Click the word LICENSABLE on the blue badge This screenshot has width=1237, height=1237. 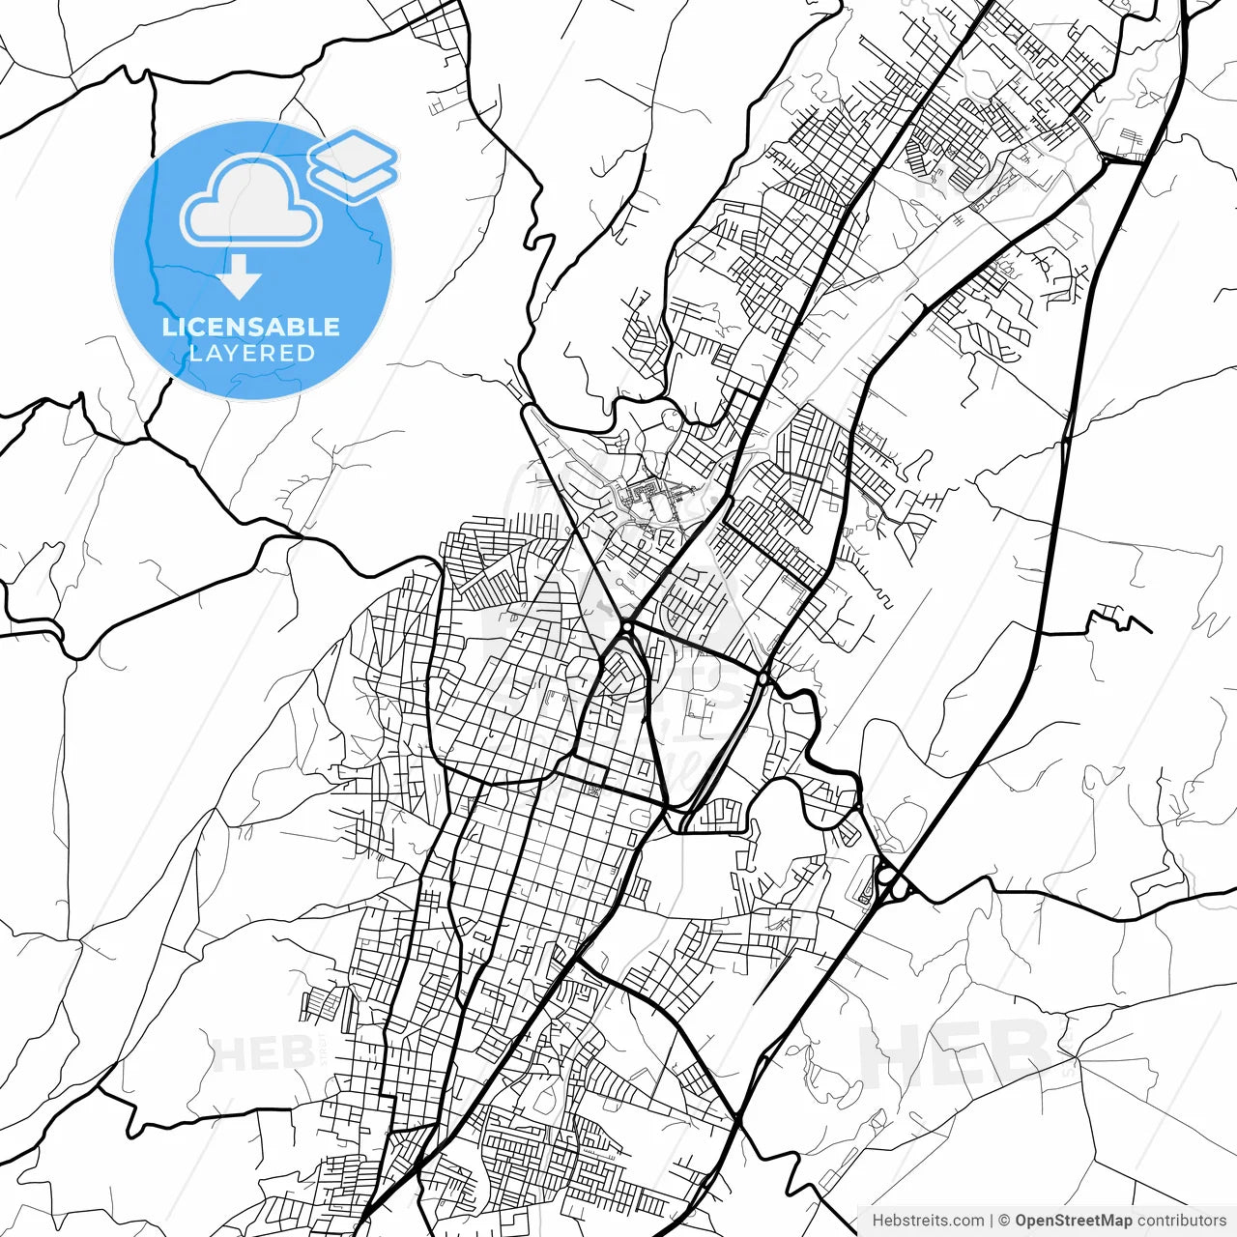pos(251,327)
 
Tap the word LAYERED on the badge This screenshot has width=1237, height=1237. pos(251,354)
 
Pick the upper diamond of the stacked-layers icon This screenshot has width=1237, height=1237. pos(354,151)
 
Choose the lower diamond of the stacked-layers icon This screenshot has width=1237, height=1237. pos(356,180)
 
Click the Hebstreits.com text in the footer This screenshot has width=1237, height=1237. pos(928,1221)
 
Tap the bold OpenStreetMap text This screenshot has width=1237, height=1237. pos(1073,1221)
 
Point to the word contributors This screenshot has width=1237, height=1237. pos(1181,1221)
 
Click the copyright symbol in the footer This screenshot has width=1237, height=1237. pos(1004,1221)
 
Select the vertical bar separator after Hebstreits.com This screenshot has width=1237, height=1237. pos(992,1221)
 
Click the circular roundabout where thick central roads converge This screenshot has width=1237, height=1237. pos(627,627)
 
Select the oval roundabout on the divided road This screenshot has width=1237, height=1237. pos(763,679)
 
